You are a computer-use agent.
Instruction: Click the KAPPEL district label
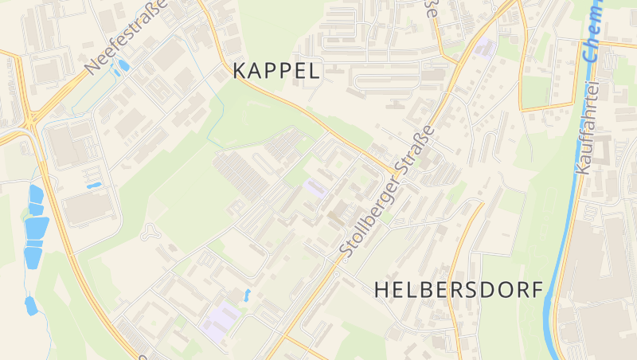point(277,70)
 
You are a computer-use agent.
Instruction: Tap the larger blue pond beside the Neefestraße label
point(123,66)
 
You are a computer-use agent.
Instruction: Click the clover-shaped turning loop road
point(148,233)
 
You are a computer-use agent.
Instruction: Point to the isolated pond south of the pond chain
point(30,305)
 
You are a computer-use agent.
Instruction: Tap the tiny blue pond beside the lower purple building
point(247,295)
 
